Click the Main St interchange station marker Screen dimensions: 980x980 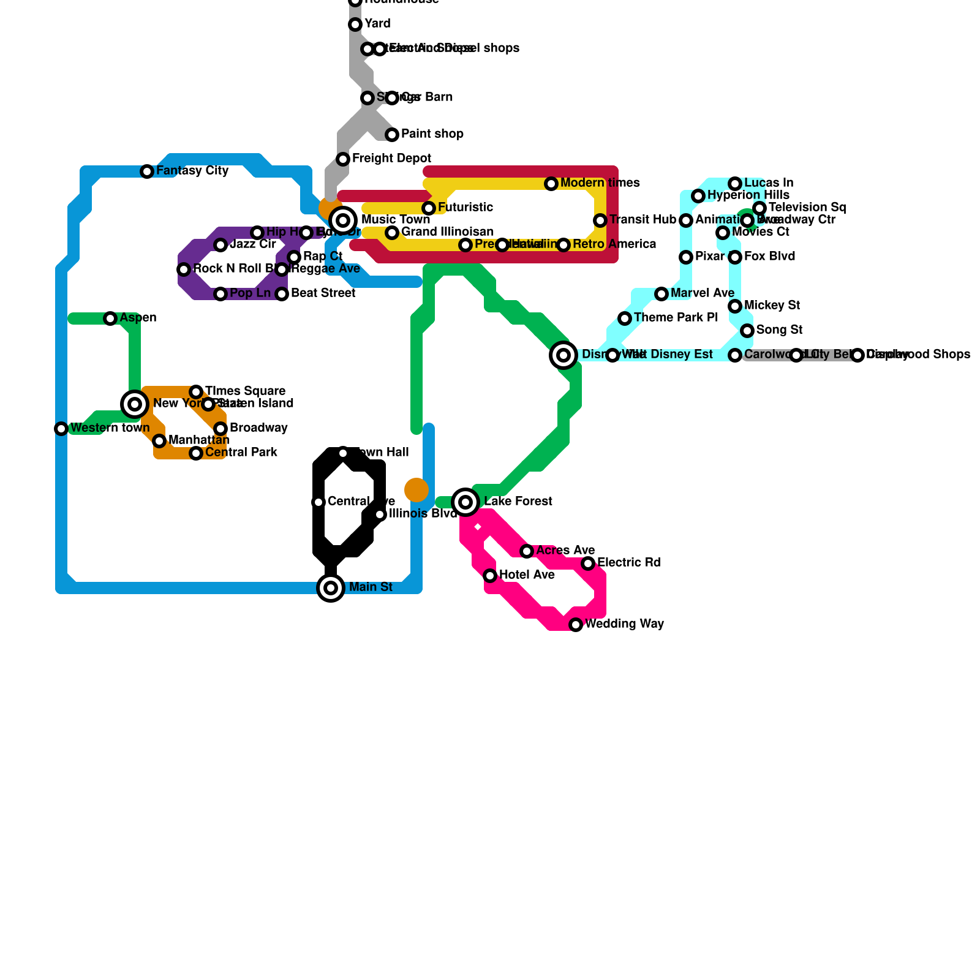(331, 588)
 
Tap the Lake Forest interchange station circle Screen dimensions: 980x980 (466, 502)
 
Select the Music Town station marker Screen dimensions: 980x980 (343, 221)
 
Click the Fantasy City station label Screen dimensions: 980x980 (192, 171)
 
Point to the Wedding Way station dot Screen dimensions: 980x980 (576, 625)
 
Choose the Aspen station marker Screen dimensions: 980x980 (110, 318)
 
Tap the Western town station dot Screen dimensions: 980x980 (61, 429)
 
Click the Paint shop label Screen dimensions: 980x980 (432, 134)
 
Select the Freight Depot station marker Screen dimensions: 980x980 (343, 159)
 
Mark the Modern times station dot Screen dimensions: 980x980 (551, 184)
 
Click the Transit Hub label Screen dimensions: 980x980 (643, 220)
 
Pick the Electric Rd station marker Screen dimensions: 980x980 (588, 563)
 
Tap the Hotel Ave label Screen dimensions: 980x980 (527, 575)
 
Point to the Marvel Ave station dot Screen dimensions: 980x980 (661, 294)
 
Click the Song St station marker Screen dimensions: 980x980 (747, 331)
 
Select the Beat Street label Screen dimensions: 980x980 (323, 293)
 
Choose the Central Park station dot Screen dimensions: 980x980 (196, 453)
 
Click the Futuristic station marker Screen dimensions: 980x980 (429, 208)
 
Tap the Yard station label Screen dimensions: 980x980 (377, 24)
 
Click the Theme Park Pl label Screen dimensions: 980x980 (676, 318)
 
